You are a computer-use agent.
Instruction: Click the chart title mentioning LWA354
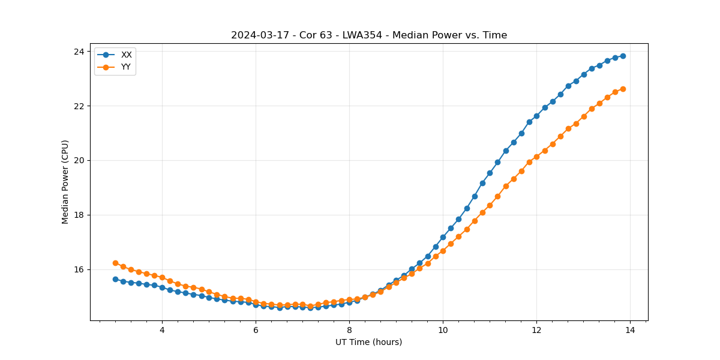(369, 35)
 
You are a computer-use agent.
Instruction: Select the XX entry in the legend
(126, 55)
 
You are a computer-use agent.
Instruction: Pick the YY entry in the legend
(126, 67)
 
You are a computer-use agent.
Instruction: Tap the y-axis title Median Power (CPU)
(65, 182)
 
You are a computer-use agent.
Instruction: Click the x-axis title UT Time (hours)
(368, 342)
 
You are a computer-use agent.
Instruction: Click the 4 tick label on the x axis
(162, 330)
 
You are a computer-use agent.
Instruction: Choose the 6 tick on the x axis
(256, 330)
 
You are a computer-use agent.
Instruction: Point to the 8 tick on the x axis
(349, 330)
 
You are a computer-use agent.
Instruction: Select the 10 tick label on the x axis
(443, 330)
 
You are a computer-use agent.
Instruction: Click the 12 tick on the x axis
(536, 330)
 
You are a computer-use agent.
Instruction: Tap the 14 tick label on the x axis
(630, 330)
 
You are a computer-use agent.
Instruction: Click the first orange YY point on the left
(115, 263)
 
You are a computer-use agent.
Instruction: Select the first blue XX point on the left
(115, 279)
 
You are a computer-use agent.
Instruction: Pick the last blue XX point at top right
(623, 56)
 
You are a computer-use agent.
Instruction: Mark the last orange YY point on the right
(623, 89)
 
